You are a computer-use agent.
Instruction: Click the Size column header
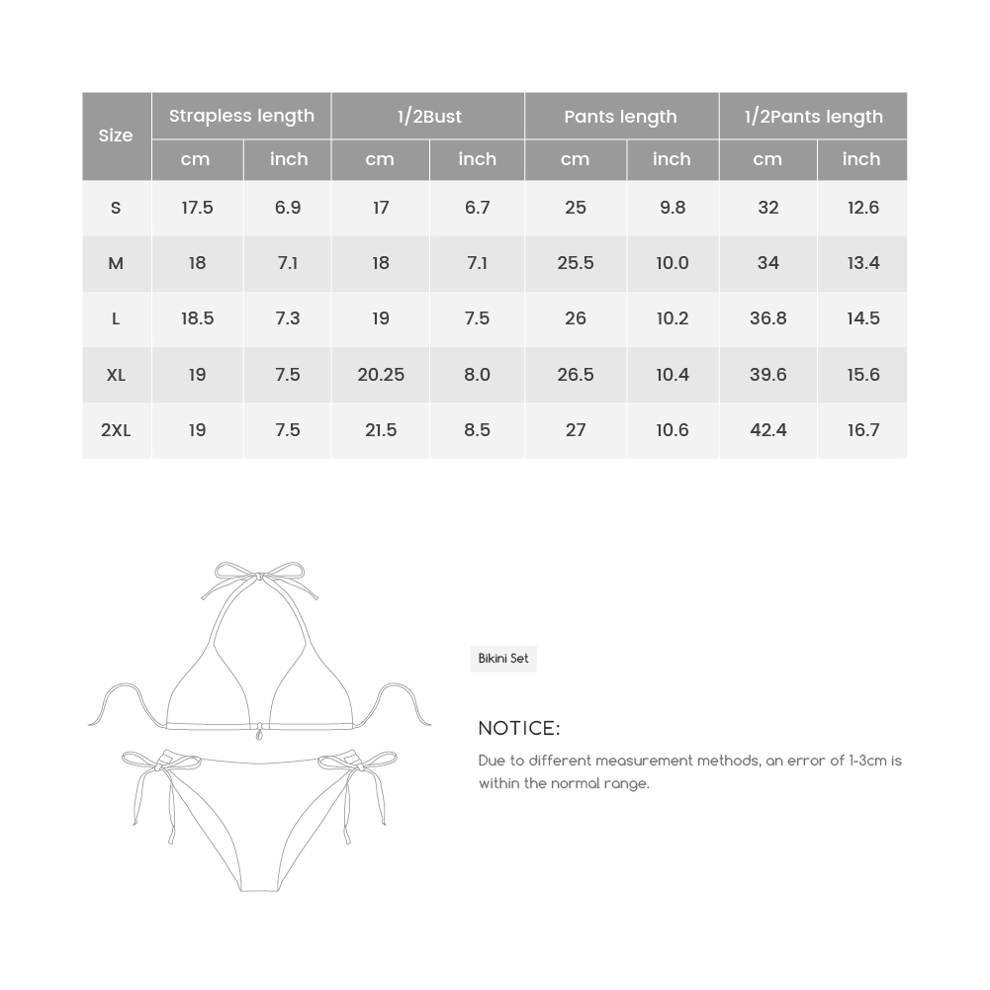(116, 135)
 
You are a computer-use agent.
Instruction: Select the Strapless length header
(241, 116)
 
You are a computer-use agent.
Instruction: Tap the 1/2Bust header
(429, 117)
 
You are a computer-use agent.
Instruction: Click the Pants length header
(620, 117)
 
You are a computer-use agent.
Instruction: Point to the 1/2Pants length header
(813, 117)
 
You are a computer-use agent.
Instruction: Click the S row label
(116, 208)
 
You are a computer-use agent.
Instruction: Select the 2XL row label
(116, 430)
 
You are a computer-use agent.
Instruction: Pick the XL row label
(116, 375)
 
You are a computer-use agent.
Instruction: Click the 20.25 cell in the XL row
(381, 375)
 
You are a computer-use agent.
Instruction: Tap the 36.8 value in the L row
(767, 318)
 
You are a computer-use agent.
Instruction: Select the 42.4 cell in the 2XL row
(767, 430)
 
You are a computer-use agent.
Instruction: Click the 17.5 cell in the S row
(197, 208)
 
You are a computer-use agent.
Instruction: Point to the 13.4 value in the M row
(862, 263)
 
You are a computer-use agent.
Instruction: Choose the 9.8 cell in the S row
(672, 208)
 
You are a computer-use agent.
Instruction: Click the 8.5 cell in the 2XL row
(477, 430)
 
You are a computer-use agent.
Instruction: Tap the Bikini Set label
(503, 659)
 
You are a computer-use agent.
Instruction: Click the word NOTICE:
(519, 729)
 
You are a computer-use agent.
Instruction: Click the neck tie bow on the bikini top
(259, 576)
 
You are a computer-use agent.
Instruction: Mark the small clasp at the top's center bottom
(260, 732)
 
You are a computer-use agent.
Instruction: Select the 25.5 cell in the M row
(576, 263)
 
